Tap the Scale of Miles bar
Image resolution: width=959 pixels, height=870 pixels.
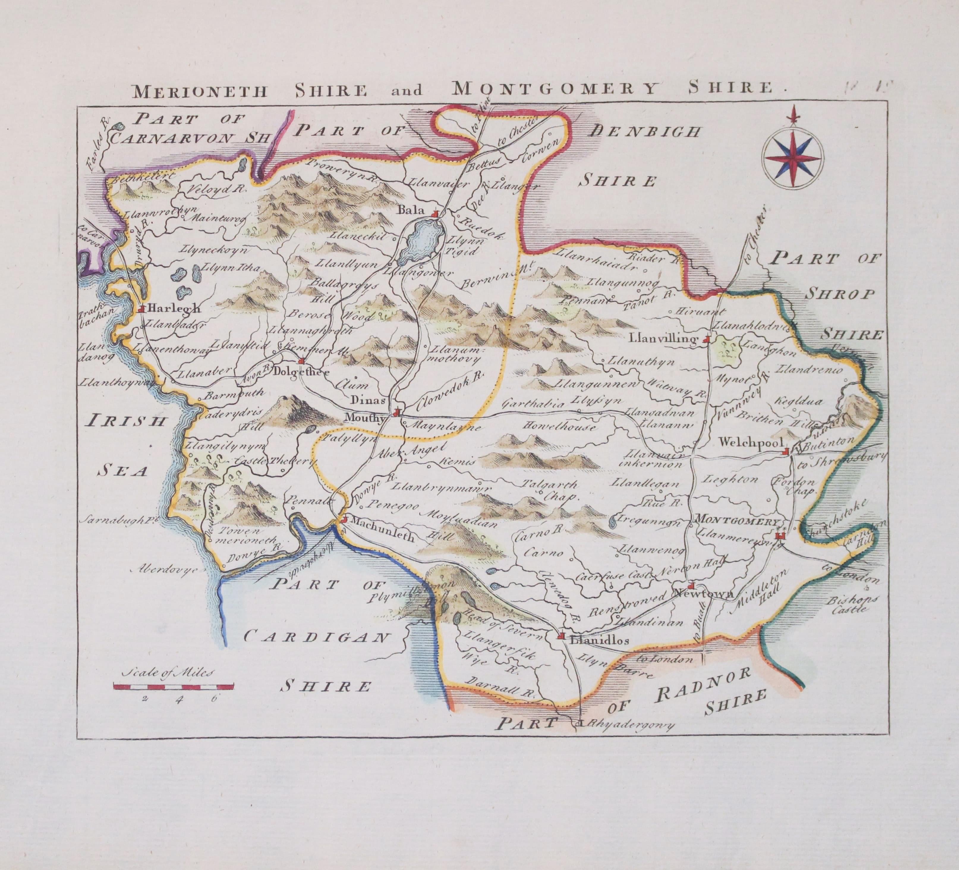[174, 686]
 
